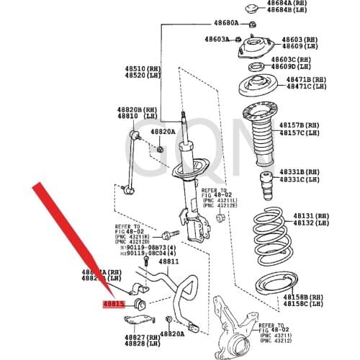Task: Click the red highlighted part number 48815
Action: (x=114, y=305)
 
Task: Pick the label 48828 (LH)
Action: (x=140, y=344)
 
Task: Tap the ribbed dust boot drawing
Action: (x=258, y=130)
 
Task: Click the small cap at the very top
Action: (x=252, y=9)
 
